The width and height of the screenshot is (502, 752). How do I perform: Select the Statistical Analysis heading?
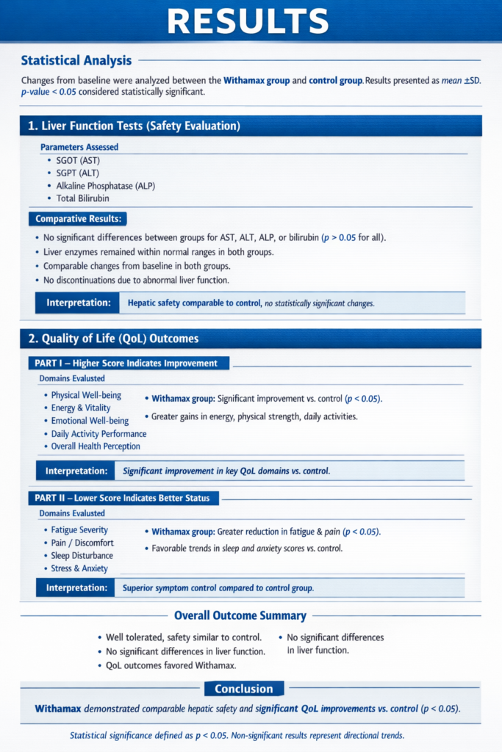(76, 61)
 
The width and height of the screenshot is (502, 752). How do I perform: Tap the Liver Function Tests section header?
(134, 126)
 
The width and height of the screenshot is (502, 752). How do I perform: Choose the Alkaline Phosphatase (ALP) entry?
(106, 186)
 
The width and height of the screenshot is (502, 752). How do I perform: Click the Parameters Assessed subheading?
(79, 147)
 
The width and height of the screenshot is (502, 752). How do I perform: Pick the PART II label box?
(123, 498)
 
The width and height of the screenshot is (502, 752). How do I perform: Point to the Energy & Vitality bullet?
(81, 408)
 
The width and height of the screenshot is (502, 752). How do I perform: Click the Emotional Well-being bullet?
(90, 421)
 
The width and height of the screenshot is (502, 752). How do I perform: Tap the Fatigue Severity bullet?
(79, 530)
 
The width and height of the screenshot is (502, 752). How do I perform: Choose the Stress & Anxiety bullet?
(79, 568)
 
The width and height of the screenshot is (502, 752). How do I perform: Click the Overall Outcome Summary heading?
(240, 616)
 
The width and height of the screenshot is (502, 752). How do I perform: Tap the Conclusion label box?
(243, 689)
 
